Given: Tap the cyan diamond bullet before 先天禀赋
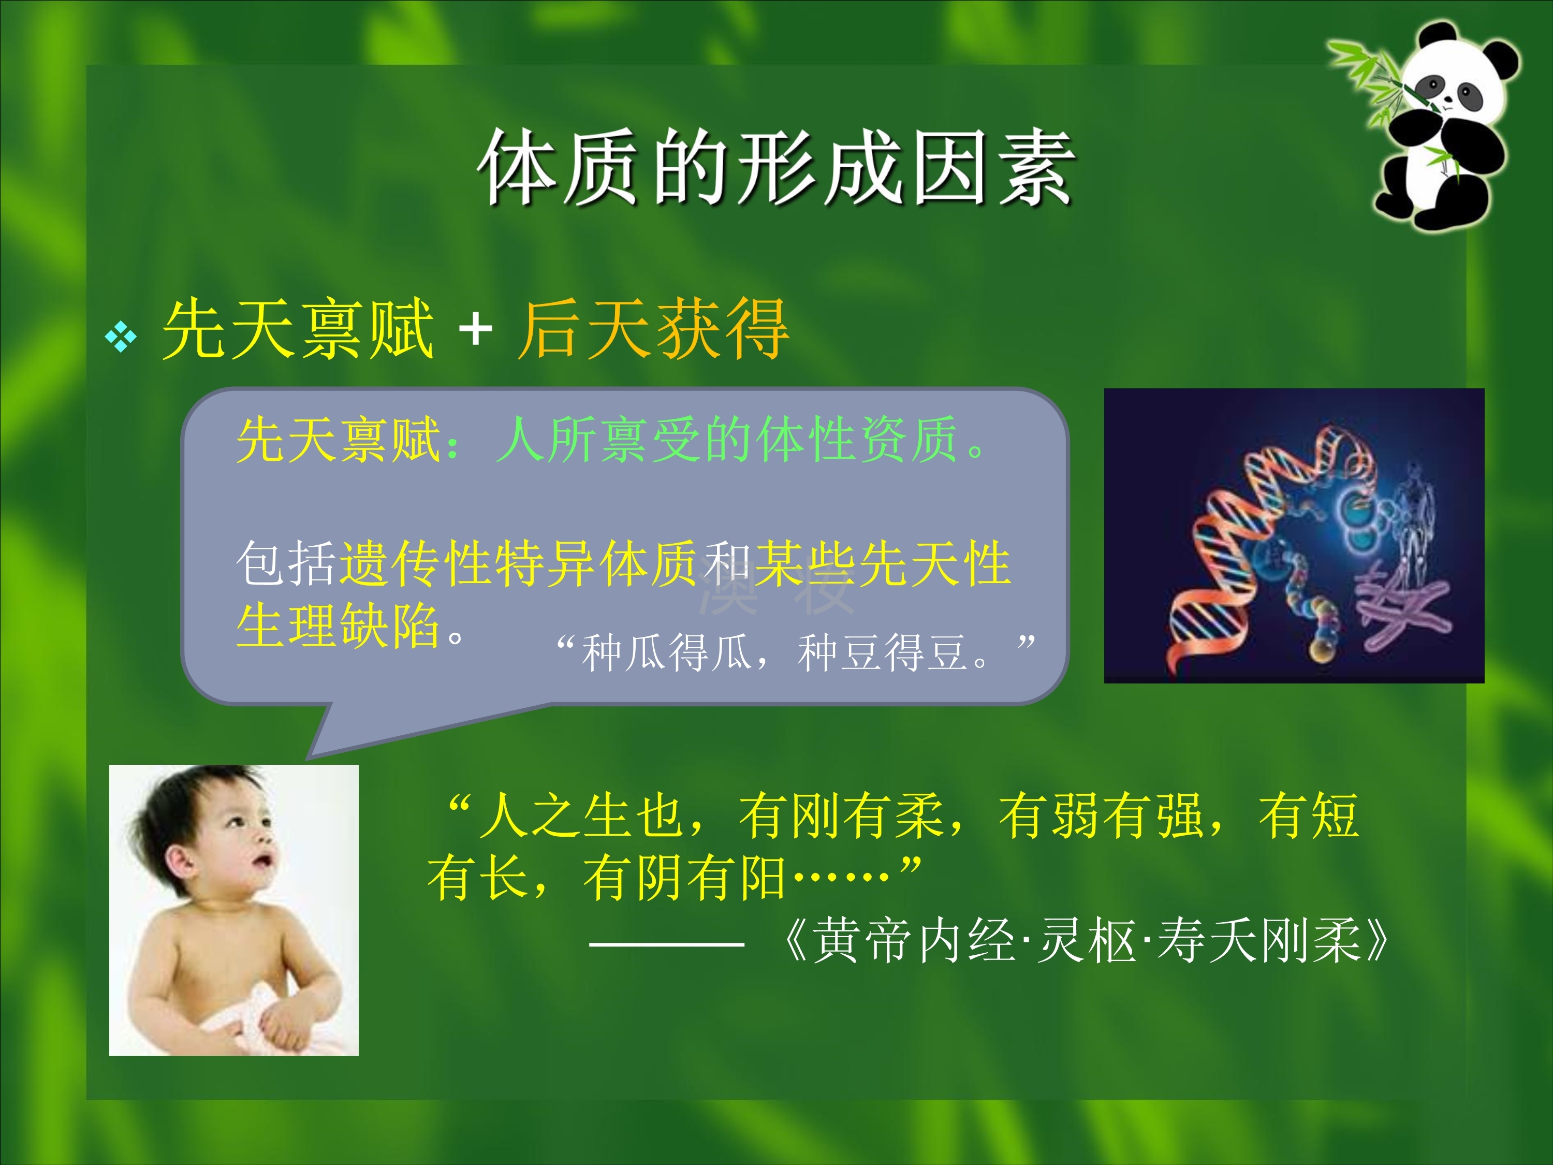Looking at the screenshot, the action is [x=121, y=337].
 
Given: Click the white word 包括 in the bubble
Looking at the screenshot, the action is [x=286, y=563].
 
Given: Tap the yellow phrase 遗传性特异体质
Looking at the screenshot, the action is [x=518, y=563].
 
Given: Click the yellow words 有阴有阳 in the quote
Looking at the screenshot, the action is [x=684, y=878].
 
